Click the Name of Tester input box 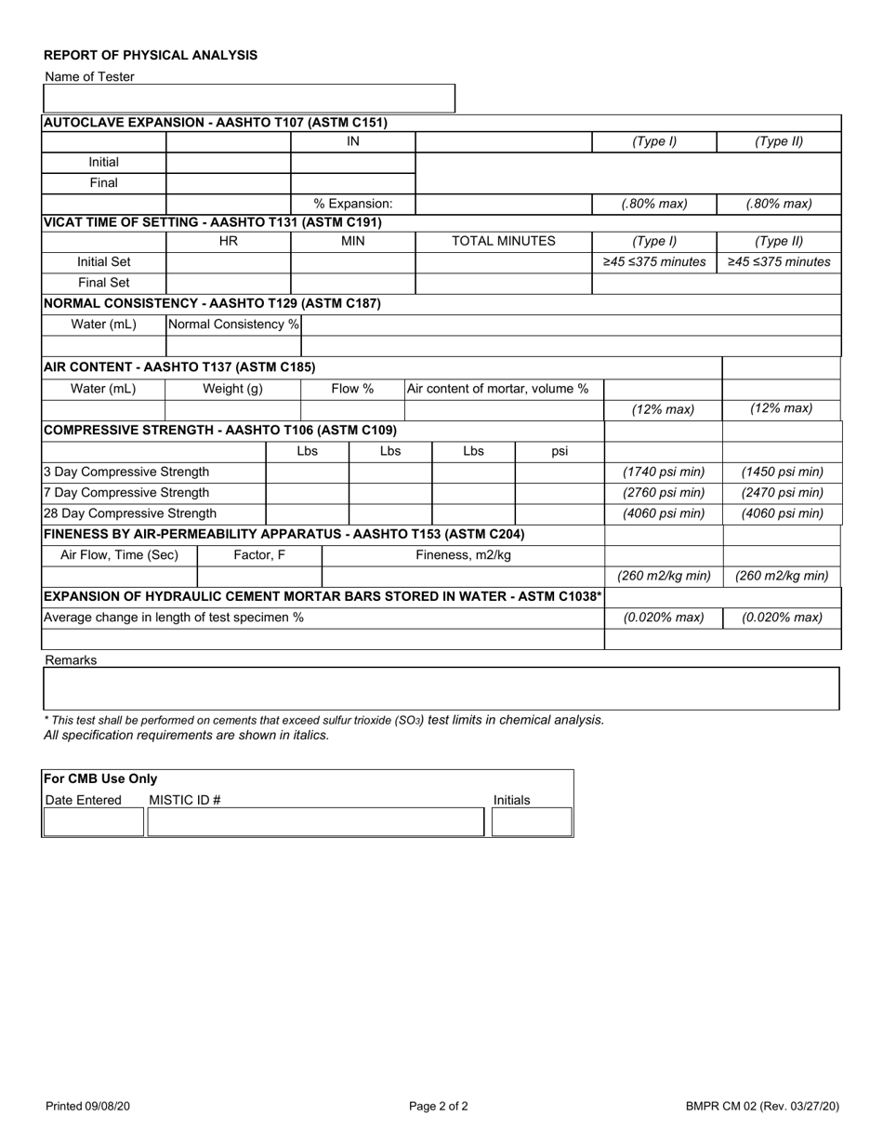pos(249,99)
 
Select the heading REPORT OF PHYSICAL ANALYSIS pos(151,55)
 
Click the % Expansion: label pos(353,204)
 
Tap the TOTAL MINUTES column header pos(503,241)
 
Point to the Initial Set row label pos(103,261)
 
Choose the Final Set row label pos(103,283)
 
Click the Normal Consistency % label pos(233,325)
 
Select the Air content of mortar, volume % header pos(498,389)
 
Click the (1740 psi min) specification pos(664,472)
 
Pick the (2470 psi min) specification pos(782,492)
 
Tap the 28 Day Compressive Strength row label pos(130,512)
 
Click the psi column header pos(560,451)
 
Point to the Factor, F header pos(259,555)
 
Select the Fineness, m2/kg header pos(463,555)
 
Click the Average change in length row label pos(174,617)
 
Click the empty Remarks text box pos(441,688)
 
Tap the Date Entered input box pos(94,822)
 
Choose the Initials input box pos(531,822)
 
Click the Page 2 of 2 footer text pos(439,1106)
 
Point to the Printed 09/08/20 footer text pos(88,1106)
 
